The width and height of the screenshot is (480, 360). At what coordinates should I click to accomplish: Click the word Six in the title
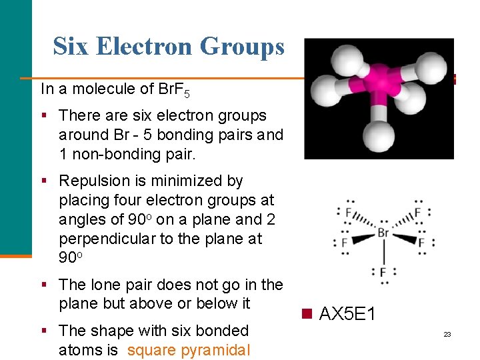[x=71, y=47]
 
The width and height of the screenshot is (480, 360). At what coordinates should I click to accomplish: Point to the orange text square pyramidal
[x=189, y=350]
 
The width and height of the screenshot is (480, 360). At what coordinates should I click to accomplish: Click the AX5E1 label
[x=347, y=313]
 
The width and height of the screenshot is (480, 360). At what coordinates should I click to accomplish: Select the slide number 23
[x=447, y=334]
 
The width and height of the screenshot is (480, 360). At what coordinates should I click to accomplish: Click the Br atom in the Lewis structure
[x=383, y=233]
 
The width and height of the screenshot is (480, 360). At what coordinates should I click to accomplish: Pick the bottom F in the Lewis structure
[x=383, y=272]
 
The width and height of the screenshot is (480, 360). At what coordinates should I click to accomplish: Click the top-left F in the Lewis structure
[x=348, y=213]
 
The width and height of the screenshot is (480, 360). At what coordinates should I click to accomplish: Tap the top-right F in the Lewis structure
[x=417, y=213]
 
